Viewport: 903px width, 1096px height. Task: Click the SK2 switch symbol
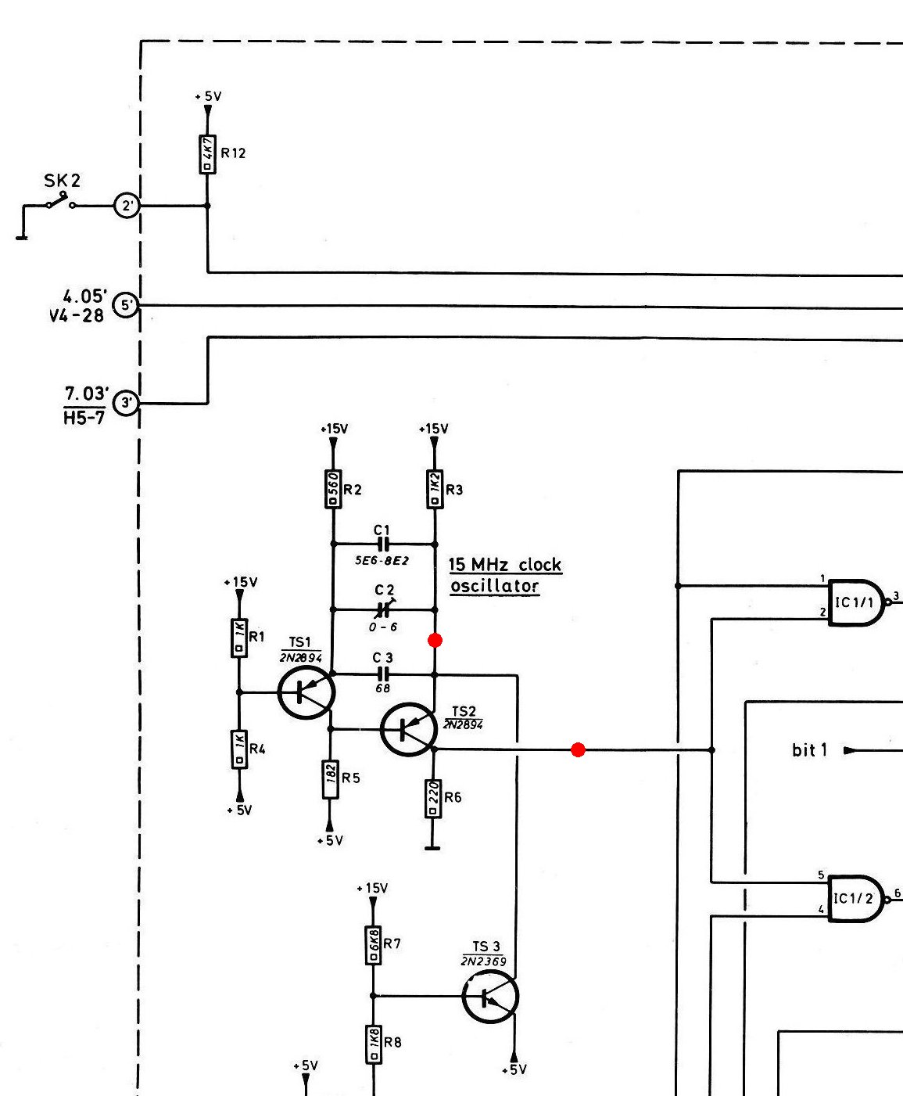(61, 202)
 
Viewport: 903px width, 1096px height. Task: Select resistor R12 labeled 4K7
(207, 154)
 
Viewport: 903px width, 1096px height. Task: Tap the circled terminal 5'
(126, 304)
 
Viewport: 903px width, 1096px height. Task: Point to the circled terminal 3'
(126, 403)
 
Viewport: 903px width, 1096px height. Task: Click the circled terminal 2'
(127, 206)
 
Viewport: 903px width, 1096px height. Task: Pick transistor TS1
(306, 692)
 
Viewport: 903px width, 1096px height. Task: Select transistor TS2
(409, 729)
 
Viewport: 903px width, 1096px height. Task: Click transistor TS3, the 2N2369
(490, 997)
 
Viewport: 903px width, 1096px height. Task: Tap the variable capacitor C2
(384, 609)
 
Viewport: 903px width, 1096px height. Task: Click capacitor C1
(382, 544)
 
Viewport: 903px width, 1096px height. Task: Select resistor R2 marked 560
(333, 489)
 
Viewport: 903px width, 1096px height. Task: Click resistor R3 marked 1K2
(435, 489)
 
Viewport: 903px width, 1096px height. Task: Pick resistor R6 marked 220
(433, 799)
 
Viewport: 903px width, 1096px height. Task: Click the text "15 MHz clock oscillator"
(505, 575)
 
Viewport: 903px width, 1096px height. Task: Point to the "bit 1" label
(810, 750)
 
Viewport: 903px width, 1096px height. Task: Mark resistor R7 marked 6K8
(373, 946)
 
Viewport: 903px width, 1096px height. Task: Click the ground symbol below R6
(432, 848)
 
